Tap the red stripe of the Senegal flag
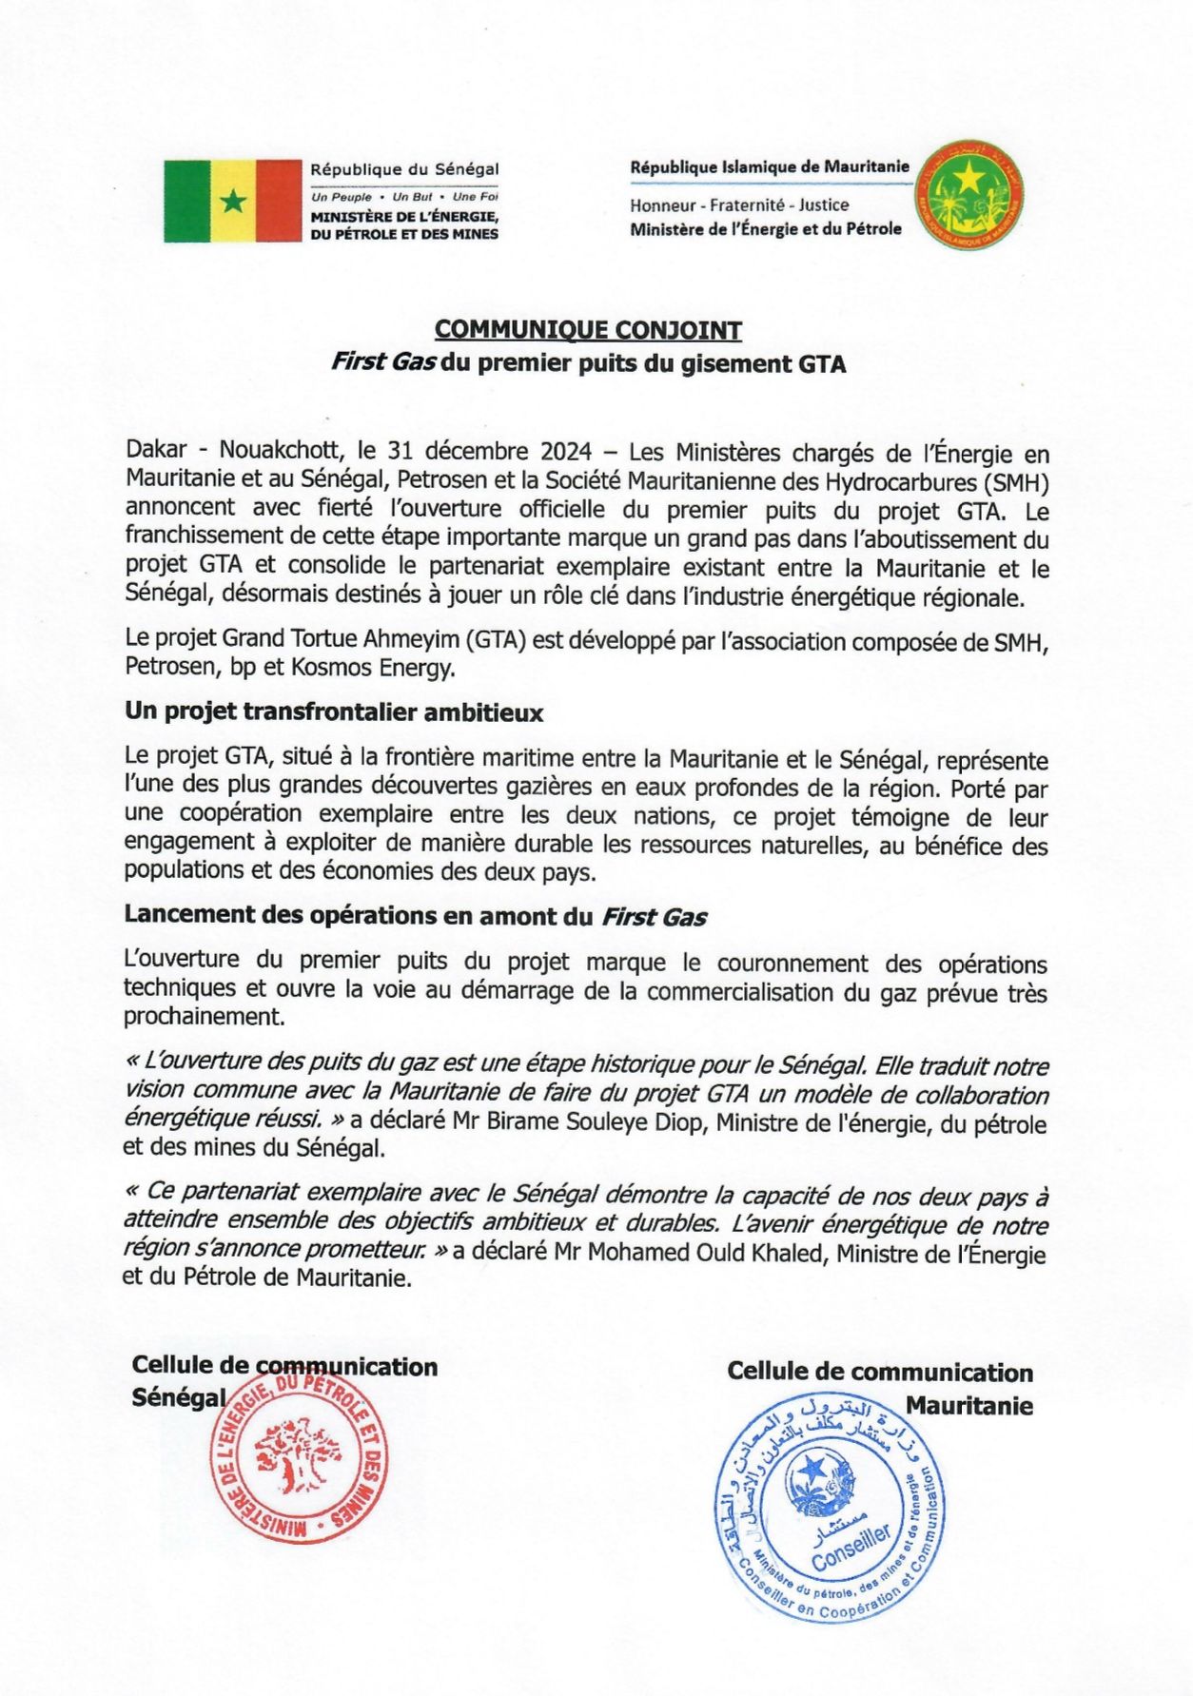point(278,201)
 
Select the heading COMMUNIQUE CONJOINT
point(588,330)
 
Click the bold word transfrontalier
point(339,712)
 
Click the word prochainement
point(203,1017)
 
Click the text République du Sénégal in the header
point(404,169)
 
